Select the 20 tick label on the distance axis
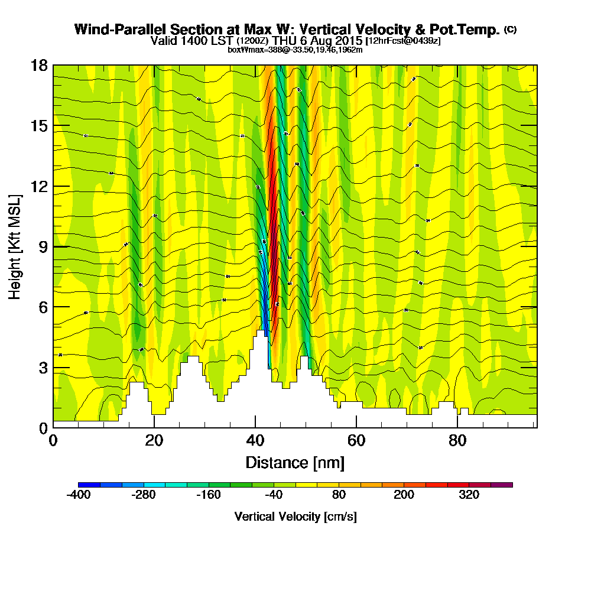click(x=154, y=441)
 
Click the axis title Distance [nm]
click(x=295, y=462)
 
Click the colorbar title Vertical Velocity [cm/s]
click(x=295, y=517)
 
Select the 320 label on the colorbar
click(x=469, y=495)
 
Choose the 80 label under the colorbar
click(x=338, y=495)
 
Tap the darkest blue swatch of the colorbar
click(x=89, y=485)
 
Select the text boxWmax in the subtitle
click(x=243, y=50)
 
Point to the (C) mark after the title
click(x=510, y=28)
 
